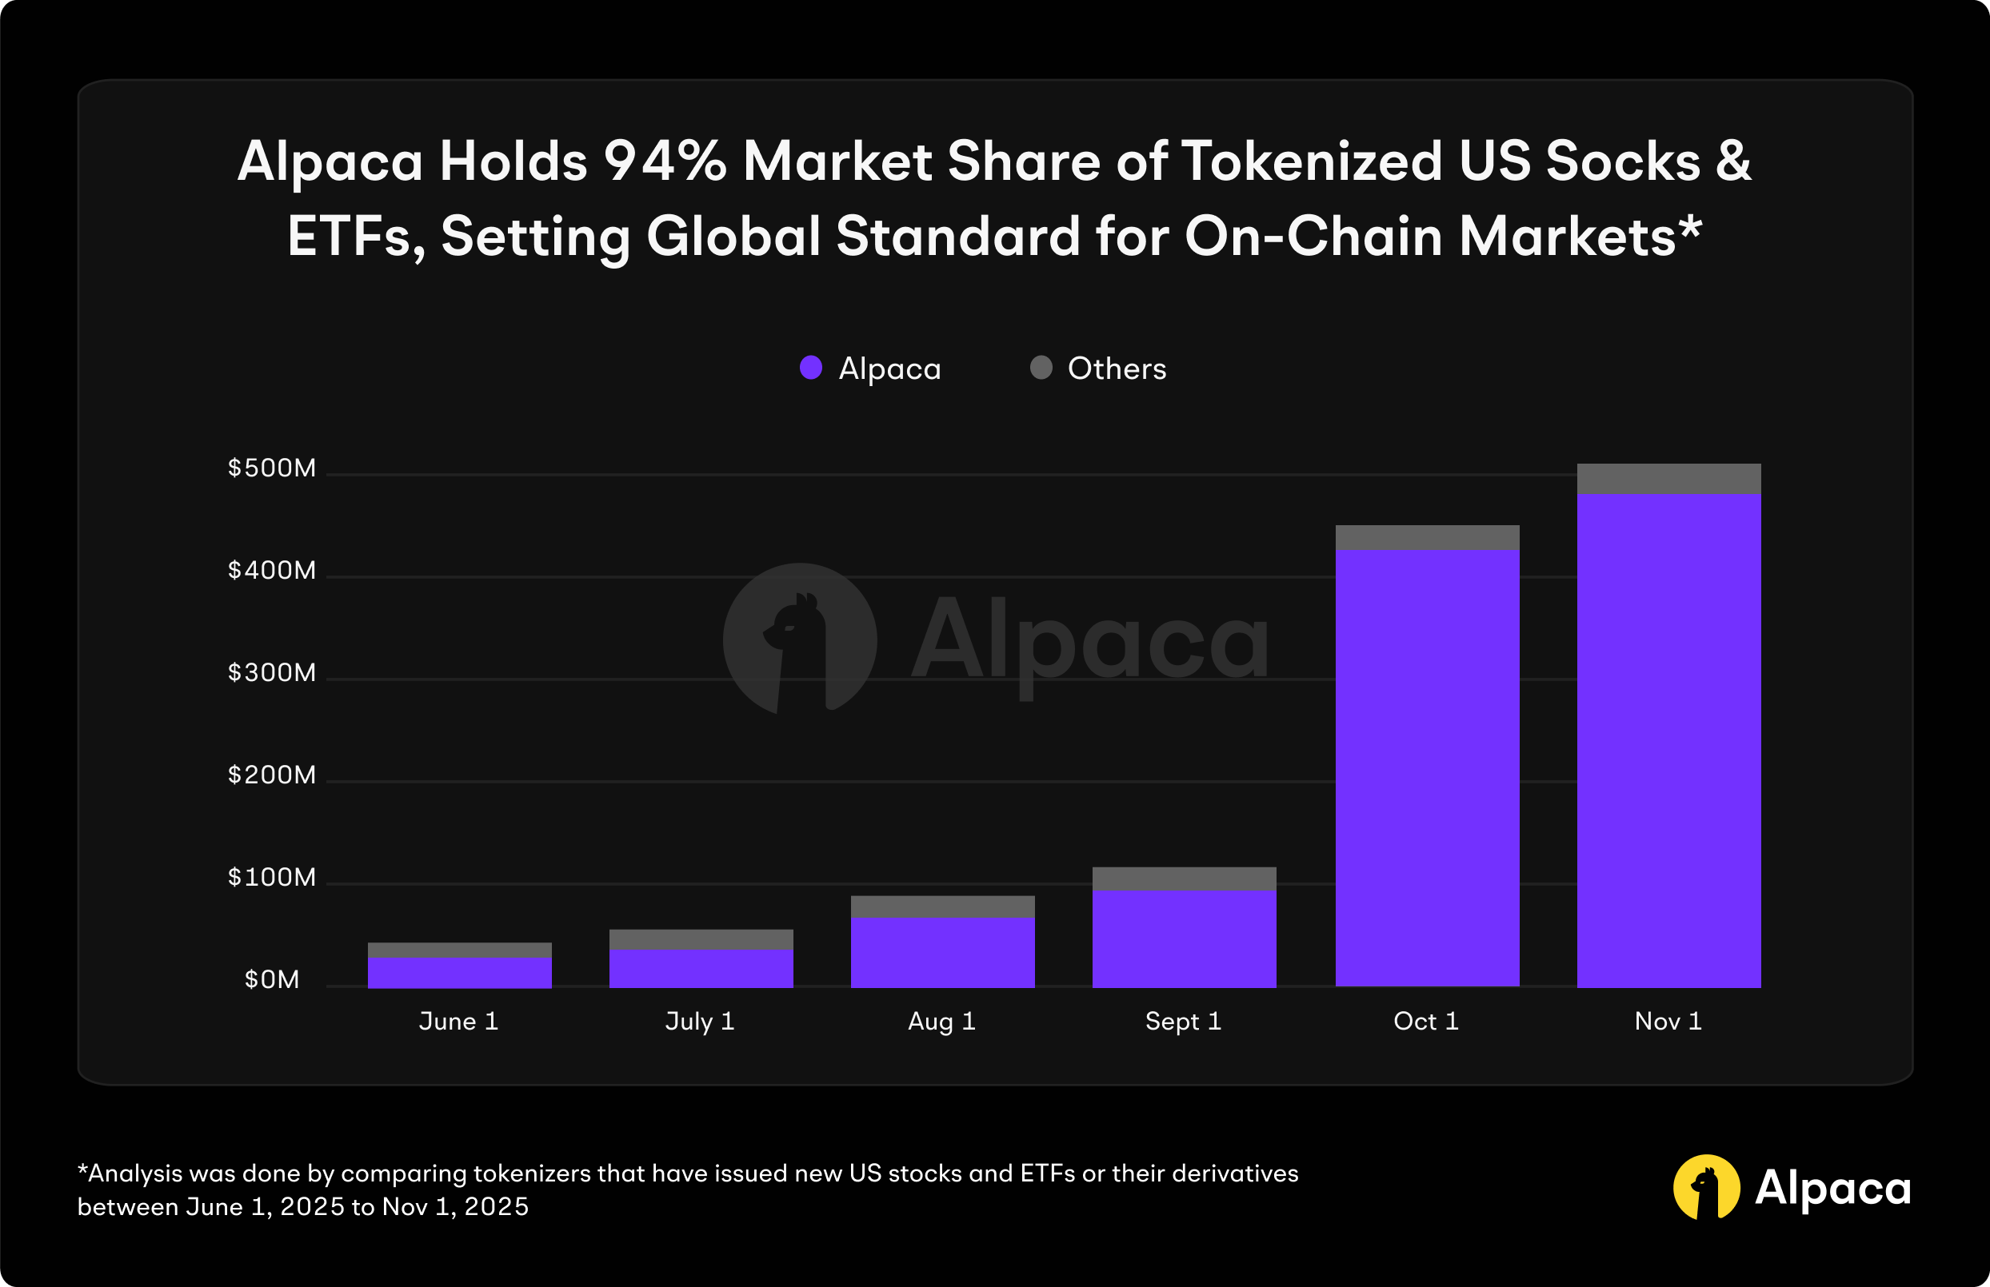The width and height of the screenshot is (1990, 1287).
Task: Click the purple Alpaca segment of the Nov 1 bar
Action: pyautogui.click(x=1668, y=739)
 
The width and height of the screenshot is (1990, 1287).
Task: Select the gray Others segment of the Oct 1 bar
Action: pyautogui.click(x=1426, y=537)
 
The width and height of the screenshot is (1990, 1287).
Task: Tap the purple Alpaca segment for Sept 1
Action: pyautogui.click(x=1184, y=938)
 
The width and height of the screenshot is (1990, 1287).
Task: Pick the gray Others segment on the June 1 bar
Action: pyautogui.click(x=459, y=950)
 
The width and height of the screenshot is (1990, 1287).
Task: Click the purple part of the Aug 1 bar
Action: pyautogui.click(x=942, y=953)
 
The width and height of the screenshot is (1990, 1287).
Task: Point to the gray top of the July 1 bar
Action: pyautogui.click(x=701, y=939)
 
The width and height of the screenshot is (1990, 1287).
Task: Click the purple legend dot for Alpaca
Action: pyautogui.click(x=811, y=368)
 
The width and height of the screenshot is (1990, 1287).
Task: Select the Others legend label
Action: pyautogui.click(x=1117, y=369)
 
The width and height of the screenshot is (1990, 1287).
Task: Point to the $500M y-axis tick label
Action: pyautogui.click(x=272, y=468)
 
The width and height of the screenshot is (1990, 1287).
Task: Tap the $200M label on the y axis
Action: pyautogui.click(x=272, y=775)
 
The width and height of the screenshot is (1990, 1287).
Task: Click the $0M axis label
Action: pyautogui.click(x=272, y=979)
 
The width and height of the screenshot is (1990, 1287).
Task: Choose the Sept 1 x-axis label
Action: pyautogui.click(x=1183, y=1022)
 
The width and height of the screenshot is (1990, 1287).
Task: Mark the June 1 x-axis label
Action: pyautogui.click(x=458, y=1022)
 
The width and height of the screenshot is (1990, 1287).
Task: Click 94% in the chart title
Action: pyautogui.click(x=665, y=161)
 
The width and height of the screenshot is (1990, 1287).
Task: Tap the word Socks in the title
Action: pyautogui.click(x=1622, y=161)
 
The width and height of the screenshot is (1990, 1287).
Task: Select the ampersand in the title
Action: pyautogui.click(x=1732, y=161)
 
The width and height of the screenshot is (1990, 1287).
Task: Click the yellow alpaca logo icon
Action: pyautogui.click(x=1706, y=1187)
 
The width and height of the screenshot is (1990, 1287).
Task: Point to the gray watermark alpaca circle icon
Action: pyautogui.click(x=799, y=640)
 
